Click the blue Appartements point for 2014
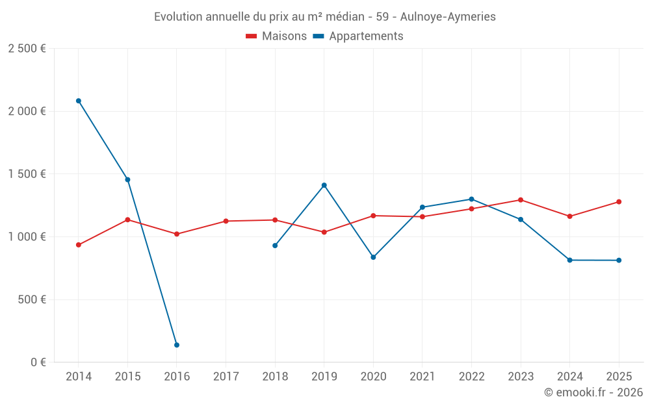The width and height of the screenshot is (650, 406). (x=79, y=101)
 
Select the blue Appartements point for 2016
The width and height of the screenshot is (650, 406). (x=177, y=345)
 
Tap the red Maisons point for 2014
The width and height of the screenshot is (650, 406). (x=79, y=245)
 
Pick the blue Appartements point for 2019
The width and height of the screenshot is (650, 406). (x=324, y=185)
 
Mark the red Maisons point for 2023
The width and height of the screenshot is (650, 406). (x=521, y=200)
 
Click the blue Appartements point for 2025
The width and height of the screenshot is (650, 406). (x=619, y=260)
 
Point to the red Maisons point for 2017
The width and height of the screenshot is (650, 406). (x=226, y=221)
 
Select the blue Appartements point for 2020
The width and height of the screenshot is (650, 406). (x=373, y=257)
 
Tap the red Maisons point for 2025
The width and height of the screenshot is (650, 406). (x=619, y=202)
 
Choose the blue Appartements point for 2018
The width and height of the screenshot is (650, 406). (x=275, y=246)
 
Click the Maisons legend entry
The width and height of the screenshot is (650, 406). (x=276, y=36)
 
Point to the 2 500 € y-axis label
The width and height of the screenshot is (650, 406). (x=27, y=49)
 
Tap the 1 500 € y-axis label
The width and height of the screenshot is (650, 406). (x=27, y=174)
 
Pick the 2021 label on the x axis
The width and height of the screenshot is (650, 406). (x=422, y=377)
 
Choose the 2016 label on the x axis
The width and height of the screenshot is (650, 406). (x=177, y=377)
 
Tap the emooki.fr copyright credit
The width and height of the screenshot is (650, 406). (x=593, y=392)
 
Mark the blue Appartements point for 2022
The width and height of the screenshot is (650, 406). (x=471, y=199)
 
